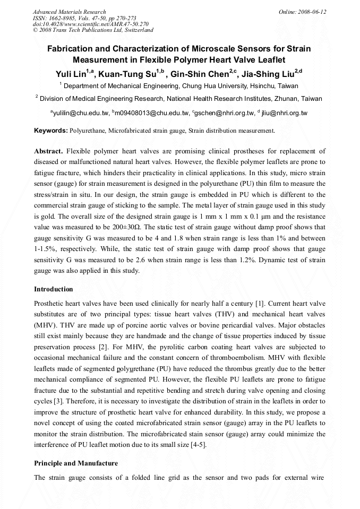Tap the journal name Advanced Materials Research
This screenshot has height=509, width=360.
pos(69,12)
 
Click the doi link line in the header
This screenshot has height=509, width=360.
pos(91,24)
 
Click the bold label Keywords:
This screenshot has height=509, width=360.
pos(51,130)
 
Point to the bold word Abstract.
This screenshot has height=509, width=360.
pos(48,151)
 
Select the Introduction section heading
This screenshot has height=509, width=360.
pos(54,289)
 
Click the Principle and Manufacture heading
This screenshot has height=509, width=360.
pos(76,463)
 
